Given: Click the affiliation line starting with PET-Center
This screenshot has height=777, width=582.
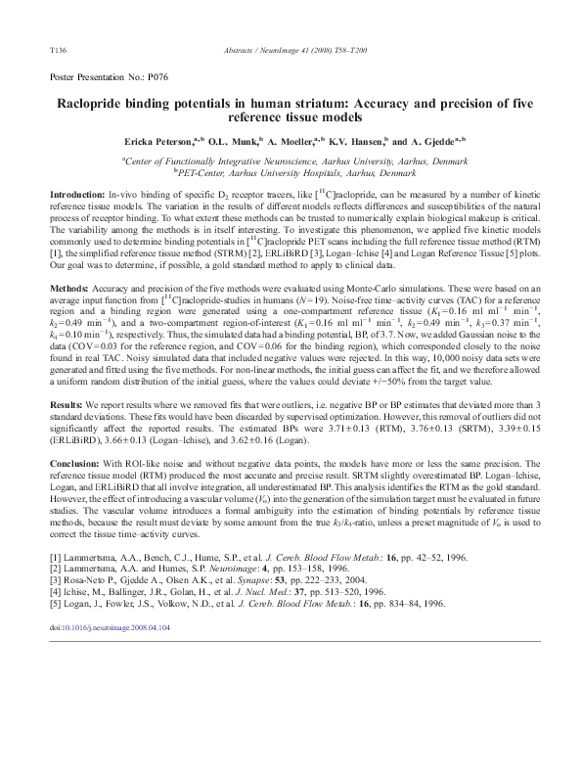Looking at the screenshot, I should (x=295, y=172).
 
